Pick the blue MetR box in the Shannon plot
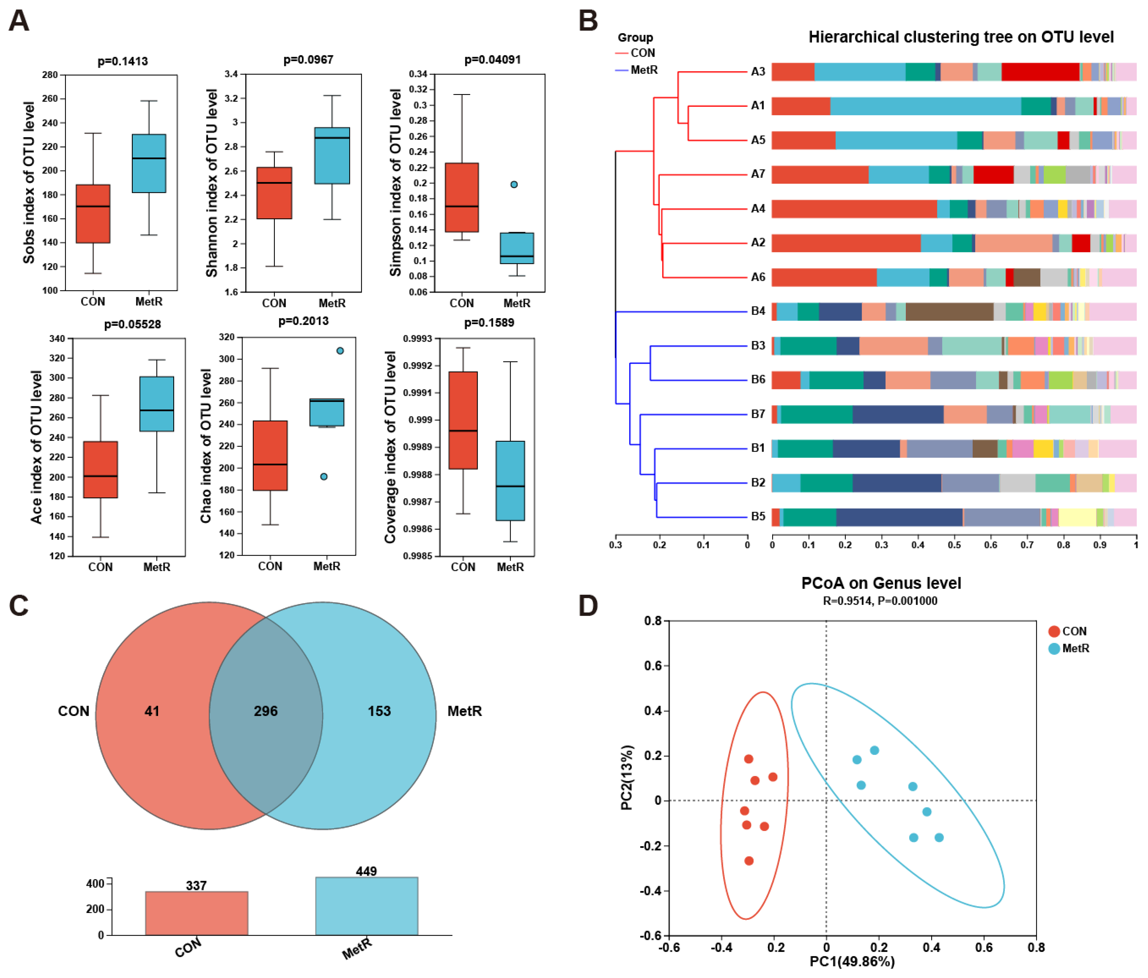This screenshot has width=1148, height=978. tap(332, 156)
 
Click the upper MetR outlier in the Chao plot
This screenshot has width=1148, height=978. tap(340, 351)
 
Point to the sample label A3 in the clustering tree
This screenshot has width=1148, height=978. tap(757, 71)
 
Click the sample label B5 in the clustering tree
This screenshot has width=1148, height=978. tap(757, 516)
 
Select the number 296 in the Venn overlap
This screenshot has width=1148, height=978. tap(265, 711)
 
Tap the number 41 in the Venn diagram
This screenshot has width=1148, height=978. tap(152, 711)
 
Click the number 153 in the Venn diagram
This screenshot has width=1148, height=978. tap(379, 711)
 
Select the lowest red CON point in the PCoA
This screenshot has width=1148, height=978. tap(749, 860)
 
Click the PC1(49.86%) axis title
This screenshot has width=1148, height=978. tap(852, 961)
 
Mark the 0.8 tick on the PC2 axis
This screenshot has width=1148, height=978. tap(653, 621)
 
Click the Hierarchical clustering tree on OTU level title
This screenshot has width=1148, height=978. tap(961, 37)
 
